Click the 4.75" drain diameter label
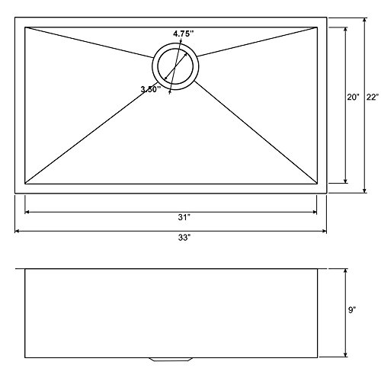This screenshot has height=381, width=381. click(x=184, y=34)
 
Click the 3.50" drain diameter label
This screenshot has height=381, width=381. click(x=151, y=89)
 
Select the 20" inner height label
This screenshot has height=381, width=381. click(x=353, y=97)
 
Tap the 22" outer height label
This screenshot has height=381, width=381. click(x=373, y=97)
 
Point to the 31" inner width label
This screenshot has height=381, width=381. click(x=184, y=217)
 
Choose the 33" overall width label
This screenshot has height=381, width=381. click(x=184, y=238)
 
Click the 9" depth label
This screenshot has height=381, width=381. click(x=352, y=310)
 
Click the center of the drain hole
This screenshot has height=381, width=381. click(x=175, y=66)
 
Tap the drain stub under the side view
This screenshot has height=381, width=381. click(x=171, y=360)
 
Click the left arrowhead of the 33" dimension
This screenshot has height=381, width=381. click(x=18, y=231)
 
